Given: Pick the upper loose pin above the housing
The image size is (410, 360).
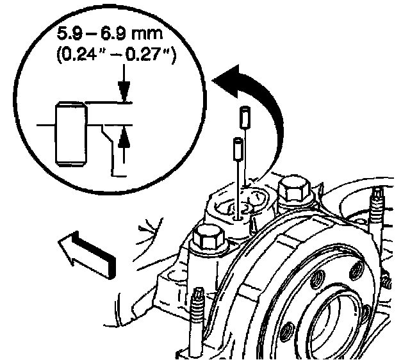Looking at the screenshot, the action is (x=244, y=118).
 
